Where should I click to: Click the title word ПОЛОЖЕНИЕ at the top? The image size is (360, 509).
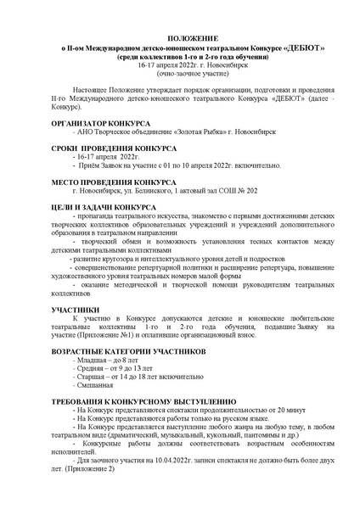(x=180, y=39)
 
